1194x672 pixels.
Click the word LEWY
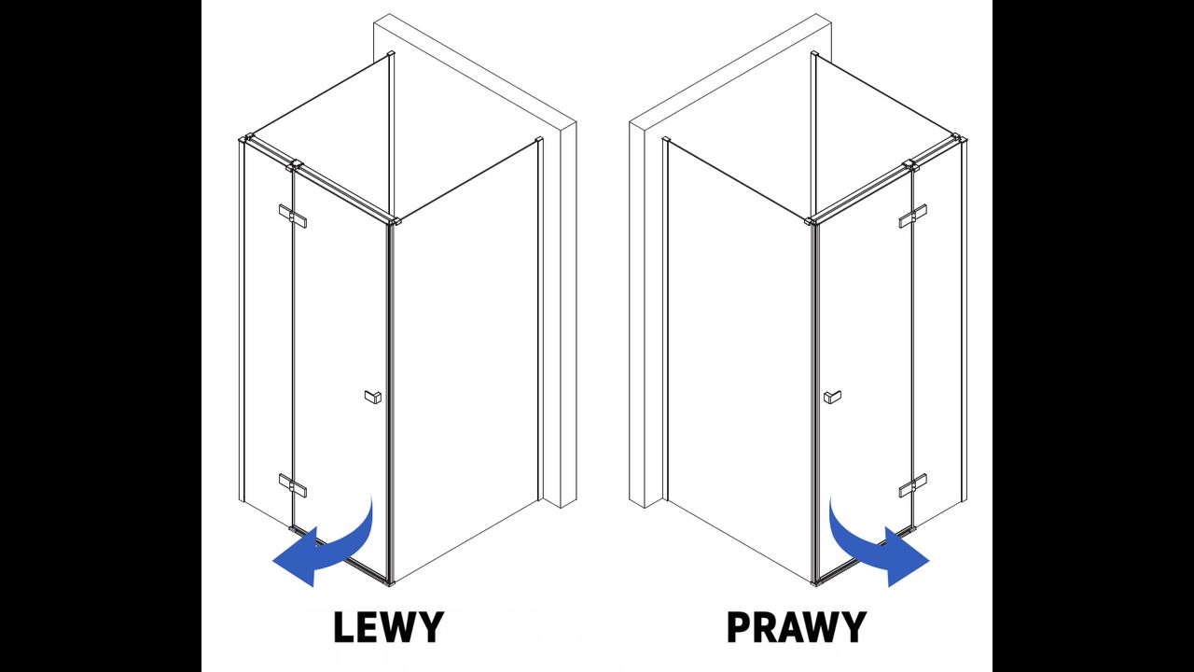(x=389, y=627)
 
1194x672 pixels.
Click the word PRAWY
(x=797, y=627)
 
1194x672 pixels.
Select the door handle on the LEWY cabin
(x=373, y=397)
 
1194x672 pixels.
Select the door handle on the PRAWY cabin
(x=833, y=397)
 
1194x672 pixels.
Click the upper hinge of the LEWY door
(x=293, y=216)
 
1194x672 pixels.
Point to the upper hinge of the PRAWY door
(x=912, y=216)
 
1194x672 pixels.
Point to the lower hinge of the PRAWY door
(x=912, y=485)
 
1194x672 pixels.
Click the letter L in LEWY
(x=344, y=627)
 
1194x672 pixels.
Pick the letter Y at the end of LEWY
(x=430, y=627)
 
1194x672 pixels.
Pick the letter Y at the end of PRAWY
(x=853, y=627)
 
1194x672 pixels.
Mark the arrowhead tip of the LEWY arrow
(x=273, y=561)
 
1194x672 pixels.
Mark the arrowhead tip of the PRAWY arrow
(x=929, y=561)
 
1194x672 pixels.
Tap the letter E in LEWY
(x=368, y=627)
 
